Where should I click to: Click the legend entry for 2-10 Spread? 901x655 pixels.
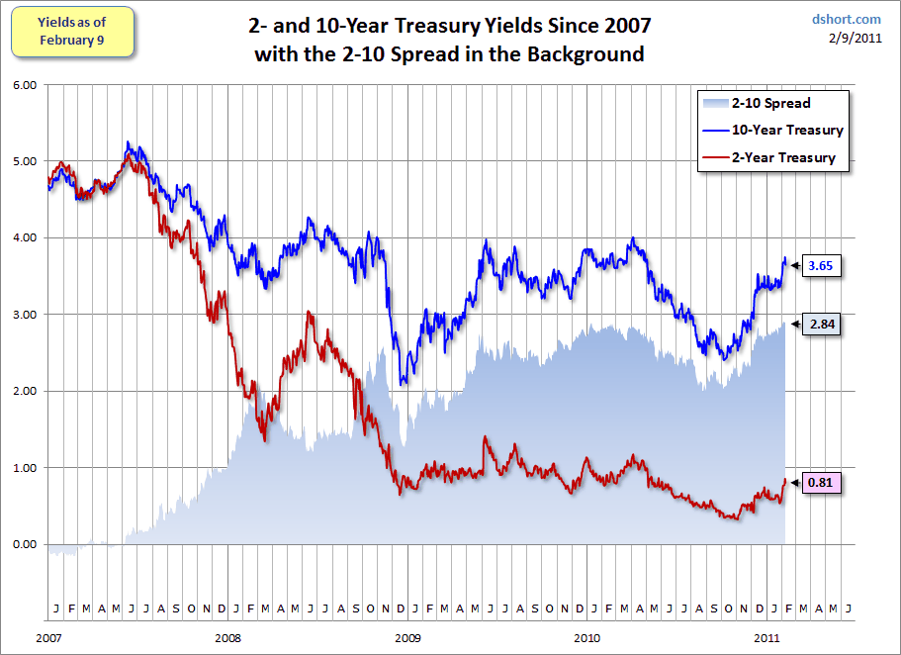pyautogui.click(x=770, y=103)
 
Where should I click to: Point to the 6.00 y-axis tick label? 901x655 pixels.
pyautogui.click(x=24, y=85)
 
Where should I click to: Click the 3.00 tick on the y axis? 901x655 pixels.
pyautogui.click(x=24, y=315)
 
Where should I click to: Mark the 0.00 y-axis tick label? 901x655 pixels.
pyautogui.click(x=24, y=544)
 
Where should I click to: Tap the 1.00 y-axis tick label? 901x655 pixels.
pyautogui.click(x=24, y=468)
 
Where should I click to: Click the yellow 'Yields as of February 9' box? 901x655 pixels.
pyautogui.click(x=71, y=31)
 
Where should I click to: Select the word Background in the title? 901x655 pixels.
pyautogui.click(x=589, y=54)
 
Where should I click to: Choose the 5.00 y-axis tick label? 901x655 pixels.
pyautogui.click(x=24, y=161)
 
